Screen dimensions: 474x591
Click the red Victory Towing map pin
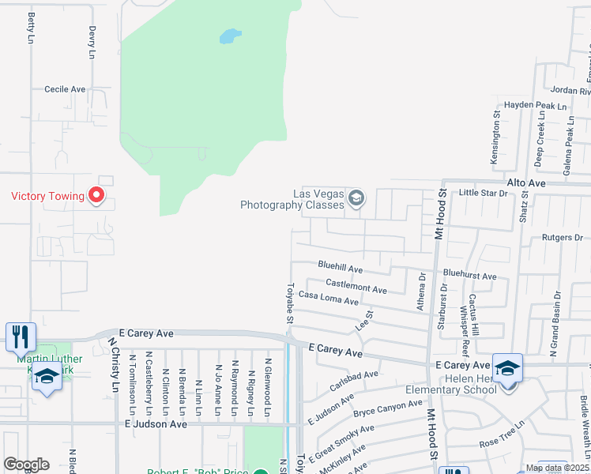point(97,194)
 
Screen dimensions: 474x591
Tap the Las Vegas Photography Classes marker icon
point(356,197)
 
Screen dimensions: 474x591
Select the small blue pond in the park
point(229,36)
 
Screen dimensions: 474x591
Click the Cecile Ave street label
point(65,90)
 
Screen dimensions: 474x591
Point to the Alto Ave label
point(527,182)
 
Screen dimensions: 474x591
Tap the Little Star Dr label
point(483,193)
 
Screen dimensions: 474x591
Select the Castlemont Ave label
point(356,286)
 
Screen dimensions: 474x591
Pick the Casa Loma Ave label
point(328,301)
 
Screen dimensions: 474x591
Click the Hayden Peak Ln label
point(536,106)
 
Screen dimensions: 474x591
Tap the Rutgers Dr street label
point(562,237)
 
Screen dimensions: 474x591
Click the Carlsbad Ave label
point(355,381)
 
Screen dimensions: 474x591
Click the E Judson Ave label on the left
point(156,424)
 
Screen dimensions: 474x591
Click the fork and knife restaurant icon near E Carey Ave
point(21,337)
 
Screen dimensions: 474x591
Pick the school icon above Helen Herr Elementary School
point(506,368)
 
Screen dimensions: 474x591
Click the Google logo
point(26,465)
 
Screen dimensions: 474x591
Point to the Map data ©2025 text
point(557,468)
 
